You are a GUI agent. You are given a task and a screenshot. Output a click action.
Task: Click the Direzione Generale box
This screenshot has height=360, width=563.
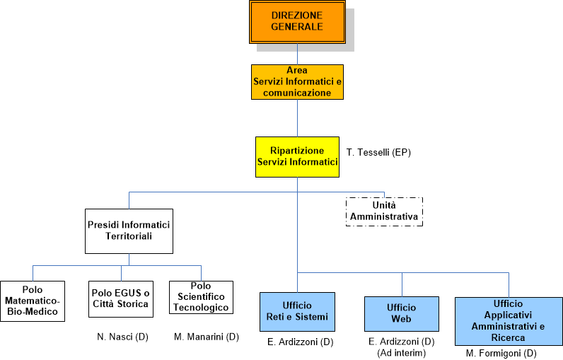point(296,21)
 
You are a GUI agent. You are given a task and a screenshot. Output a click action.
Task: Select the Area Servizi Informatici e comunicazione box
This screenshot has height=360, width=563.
point(297,82)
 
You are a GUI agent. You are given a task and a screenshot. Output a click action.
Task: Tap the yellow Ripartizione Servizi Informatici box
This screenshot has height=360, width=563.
point(297,156)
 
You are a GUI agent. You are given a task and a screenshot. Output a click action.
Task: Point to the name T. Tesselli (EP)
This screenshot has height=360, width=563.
point(379,152)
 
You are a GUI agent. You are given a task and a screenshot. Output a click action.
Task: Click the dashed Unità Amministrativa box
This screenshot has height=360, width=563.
point(384,211)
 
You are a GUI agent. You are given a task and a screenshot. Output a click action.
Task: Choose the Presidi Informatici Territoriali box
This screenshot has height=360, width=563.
point(129,231)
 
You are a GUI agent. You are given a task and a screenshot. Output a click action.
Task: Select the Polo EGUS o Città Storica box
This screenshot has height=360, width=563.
point(120,299)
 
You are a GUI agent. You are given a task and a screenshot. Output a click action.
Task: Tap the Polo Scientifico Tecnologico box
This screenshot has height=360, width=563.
point(202,297)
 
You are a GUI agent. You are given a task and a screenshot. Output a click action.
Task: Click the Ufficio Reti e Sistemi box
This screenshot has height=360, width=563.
point(297,311)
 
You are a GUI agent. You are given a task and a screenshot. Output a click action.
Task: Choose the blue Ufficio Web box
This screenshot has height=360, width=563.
point(402,313)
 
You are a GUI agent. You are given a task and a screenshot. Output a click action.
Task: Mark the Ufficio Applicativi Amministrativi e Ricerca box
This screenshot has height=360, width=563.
point(507,320)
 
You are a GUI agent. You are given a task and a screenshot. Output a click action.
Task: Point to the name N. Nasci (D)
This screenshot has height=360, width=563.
point(122,337)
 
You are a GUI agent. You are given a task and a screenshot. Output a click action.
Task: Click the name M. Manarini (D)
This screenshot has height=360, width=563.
point(207,337)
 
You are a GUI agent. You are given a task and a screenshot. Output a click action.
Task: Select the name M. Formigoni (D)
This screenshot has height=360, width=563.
point(501,353)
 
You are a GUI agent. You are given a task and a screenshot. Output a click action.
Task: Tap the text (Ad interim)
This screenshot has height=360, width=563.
point(402,352)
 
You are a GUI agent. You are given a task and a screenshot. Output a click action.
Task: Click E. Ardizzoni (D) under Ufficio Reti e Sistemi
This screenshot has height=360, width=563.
point(301,342)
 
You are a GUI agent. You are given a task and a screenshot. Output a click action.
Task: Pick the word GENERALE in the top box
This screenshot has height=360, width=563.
point(296,28)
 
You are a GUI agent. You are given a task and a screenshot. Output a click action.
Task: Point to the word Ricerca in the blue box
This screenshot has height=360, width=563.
point(507,338)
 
